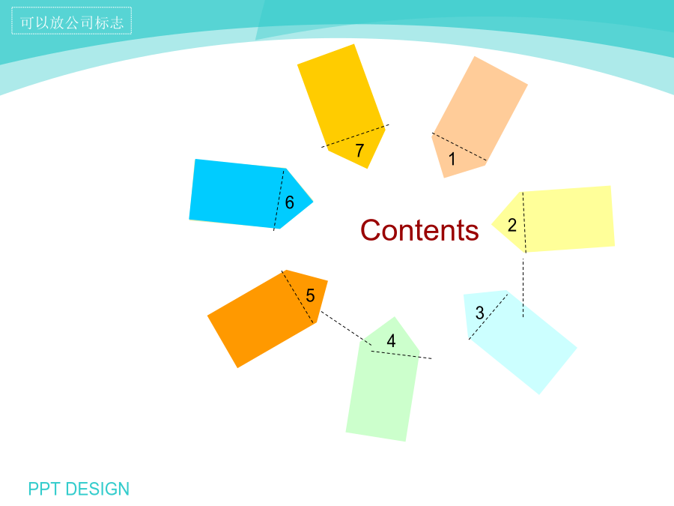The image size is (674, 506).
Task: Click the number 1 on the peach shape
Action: coord(452,159)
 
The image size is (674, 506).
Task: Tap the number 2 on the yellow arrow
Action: coord(512,225)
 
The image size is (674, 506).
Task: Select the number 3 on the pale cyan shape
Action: coord(480,313)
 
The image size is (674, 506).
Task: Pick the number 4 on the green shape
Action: coord(391,341)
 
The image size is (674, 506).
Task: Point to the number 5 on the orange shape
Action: coord(310,295)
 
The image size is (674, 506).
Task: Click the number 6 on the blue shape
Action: coord(290,202)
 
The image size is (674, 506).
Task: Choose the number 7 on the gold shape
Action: coord(359,151)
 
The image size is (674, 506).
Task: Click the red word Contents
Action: coord(419,230)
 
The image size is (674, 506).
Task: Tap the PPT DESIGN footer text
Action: coord(79,489)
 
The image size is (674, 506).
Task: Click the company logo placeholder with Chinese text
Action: coord(71,21)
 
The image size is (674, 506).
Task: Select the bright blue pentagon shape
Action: coord(251,194)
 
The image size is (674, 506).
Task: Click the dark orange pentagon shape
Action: coord(267,319)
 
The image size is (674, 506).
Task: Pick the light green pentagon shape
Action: coord(383,379)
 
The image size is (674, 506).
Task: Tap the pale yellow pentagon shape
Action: coord(553,219)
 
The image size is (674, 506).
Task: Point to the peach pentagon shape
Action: coord(480,117)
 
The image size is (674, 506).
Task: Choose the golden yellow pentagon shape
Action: coord(341,106)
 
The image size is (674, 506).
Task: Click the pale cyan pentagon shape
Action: coord(520,342)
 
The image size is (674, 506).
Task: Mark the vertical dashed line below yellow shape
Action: coord(523,288)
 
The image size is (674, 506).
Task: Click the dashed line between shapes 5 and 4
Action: coord(347,328)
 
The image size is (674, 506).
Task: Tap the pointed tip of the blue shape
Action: coord(313,201)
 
